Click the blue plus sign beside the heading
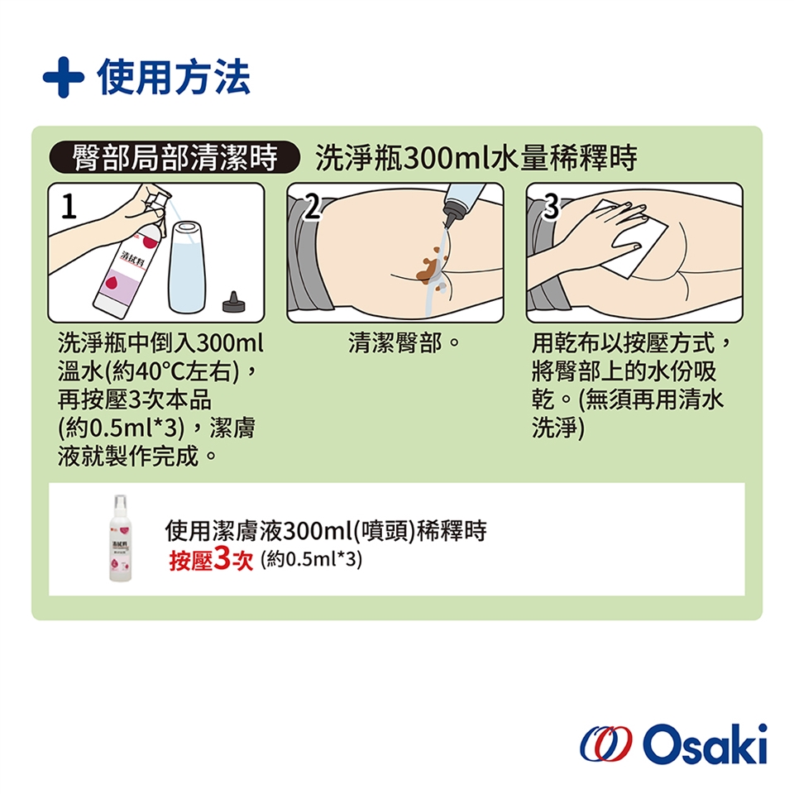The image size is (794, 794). pos(64,77)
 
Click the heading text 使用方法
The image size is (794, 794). pos(174,77)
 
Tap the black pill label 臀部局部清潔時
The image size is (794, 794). pos(175,157)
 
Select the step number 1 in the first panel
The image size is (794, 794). pos(69,207)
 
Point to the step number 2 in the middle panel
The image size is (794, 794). pos(313,207)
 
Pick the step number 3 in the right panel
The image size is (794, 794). pos(551,207)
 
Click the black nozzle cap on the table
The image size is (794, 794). pos(233,303)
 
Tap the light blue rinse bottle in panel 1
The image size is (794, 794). pos(186,267)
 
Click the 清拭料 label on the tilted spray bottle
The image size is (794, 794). pos(132,259)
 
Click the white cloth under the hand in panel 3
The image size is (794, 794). pos(630,238)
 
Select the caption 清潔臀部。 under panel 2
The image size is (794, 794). pos(404,342)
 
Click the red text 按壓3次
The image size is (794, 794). pos(211,559)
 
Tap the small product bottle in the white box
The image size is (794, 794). pos(120,538)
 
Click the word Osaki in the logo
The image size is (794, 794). pos(705,744)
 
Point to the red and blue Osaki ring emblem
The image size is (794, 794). pos(605,744)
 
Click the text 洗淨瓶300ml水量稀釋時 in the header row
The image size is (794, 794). pos(476,157)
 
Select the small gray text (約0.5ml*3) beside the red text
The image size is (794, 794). pos(312,559)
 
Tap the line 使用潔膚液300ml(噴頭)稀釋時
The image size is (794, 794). pos(326,531)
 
